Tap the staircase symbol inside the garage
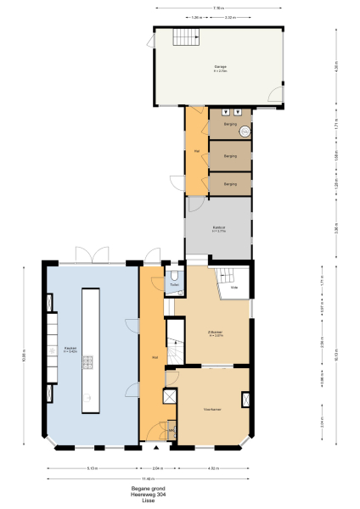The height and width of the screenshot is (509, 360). point(185,37)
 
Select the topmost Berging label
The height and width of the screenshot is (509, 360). point(230,125)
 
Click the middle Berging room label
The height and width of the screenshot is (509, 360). point(230,156)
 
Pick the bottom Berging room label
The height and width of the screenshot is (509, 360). point(230,183)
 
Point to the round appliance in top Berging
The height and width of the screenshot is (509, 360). point(245,131)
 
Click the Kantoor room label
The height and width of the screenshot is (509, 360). point(218,227)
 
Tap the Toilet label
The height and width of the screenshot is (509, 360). point(174,285)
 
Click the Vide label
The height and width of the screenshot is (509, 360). point(233,288)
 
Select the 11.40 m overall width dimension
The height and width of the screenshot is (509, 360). point(148,478)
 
